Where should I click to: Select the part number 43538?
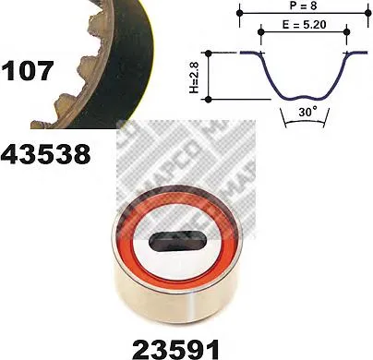47,153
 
